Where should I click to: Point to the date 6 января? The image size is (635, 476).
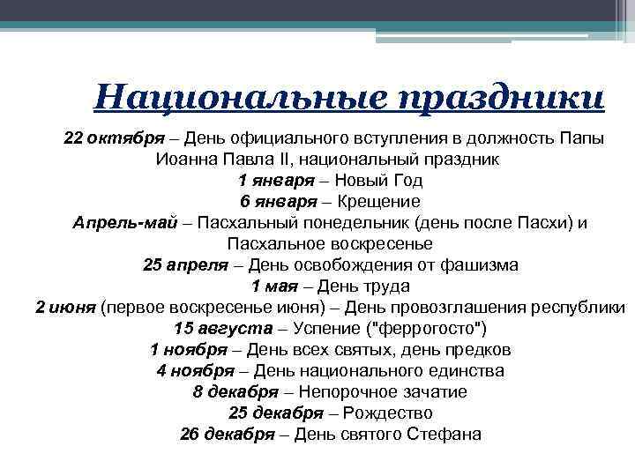pyautogui.click(x=273, y=202)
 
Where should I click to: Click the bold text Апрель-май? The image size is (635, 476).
pyautogui.click(x=124, y=223)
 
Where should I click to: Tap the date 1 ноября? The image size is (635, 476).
pyautogui.click(x=189, y=350)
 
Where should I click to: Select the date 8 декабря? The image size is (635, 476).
pyautogui.click(x=234, y=392)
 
